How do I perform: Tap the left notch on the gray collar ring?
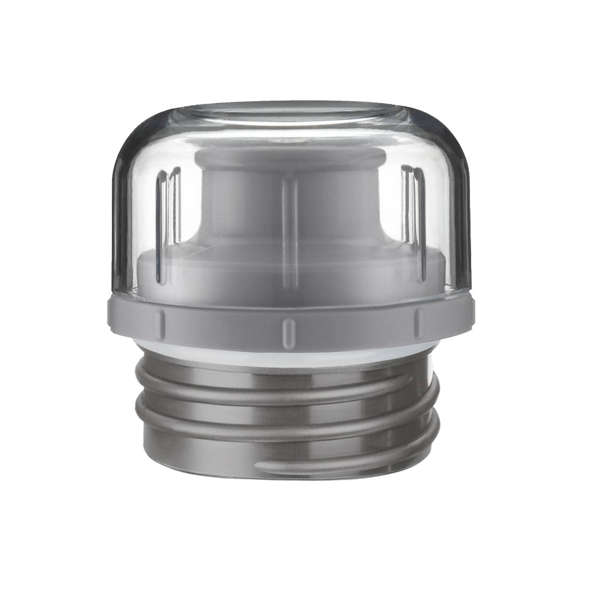[x=160, y=321]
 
